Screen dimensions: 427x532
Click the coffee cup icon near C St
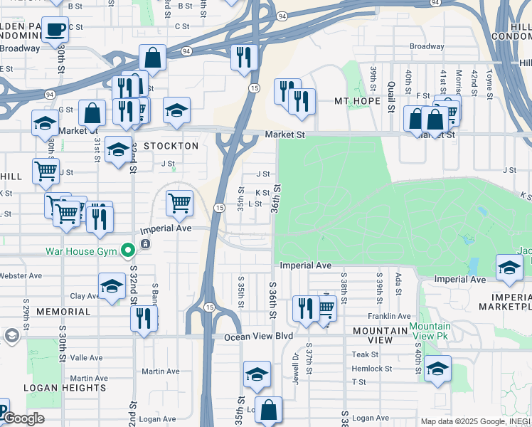coord(55,30)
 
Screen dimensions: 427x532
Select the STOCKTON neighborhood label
coord(171,146)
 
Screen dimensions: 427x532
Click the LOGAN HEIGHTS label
coord(65,388)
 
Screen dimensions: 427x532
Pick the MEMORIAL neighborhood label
coord(63,312)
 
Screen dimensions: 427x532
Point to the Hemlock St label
coord(371,369)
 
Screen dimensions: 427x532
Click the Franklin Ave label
coord(389,316)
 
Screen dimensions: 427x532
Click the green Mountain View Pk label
coord(429,331)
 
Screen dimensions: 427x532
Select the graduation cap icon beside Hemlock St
coord(438,368)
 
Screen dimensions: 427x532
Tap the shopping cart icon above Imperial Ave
coord(180,203)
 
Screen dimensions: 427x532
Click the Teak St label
coord(365,354)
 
